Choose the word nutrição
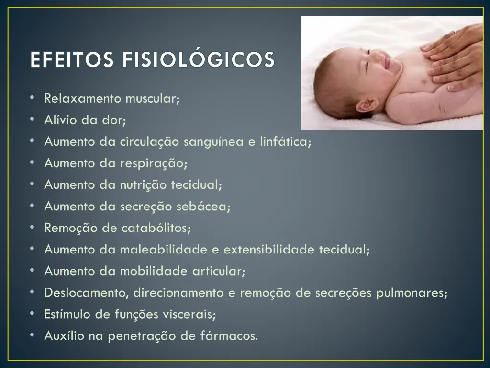[x=142, y=185]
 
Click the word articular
[x=219, y=271]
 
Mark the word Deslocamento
[x=87, y=293]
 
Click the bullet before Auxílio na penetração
[x=32, y=335]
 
